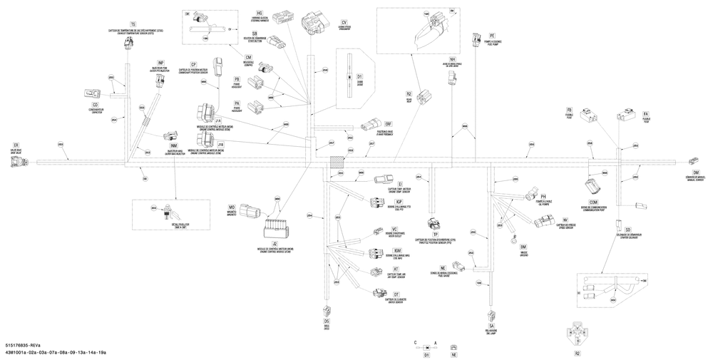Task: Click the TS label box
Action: pyautogui.click(x=133, y=25)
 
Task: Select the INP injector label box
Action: pyautogui.click(x=161, y=63)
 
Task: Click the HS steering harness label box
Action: pyautogui.click(x=260, y=14)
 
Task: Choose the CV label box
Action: pyautogui.click(x=344, y=23)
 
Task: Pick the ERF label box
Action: pyautogui.click(x=388, y=124)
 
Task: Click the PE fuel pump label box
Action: pyautogui.click(x=491, y=35)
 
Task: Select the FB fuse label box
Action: pyautogui.click(x=589, y=110)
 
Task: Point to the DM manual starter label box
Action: pyautogui.click(x=695, y=173)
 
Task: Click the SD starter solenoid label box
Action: pyautogui.click(x=627, y=230)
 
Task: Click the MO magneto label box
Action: pyautogui.click(x=232, y=206)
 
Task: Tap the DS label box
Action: pyautogui.click(x=327, y=321)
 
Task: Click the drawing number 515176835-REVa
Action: pyautogui.click(x=22, y=344)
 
